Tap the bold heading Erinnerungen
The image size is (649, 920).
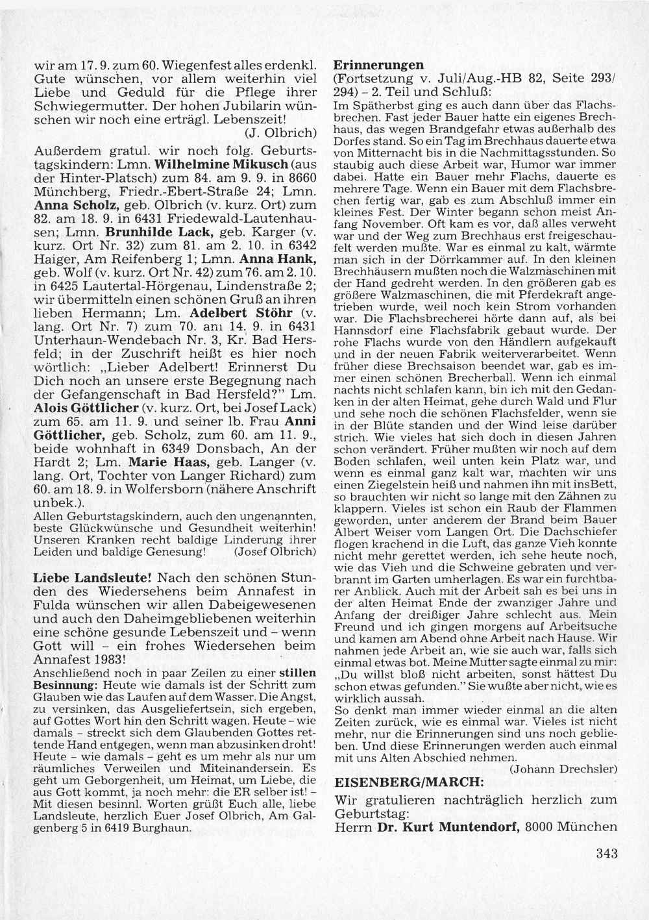tap(378, 65)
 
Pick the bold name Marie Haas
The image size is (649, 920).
tap(159, 463)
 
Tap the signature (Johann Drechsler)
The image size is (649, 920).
tap(564, 769)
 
